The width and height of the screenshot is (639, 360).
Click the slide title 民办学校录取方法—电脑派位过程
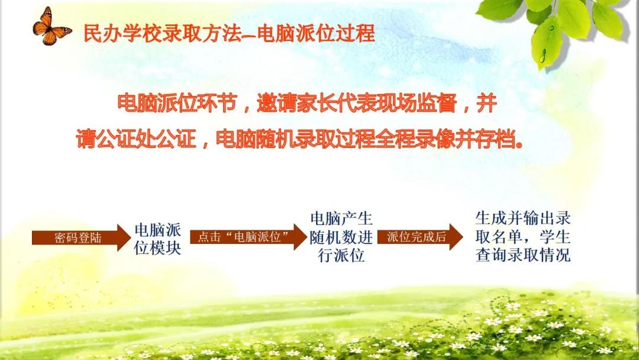click(x=229, y=33)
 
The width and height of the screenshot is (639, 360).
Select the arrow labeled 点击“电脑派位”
click(x=248, y=237)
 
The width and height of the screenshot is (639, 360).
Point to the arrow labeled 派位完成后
click(x=420, y=237)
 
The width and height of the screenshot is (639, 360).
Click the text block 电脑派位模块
click(x=158, y=239)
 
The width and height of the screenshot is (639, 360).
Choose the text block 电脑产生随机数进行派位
click(x=341, y=237)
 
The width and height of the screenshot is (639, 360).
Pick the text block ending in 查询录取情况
click(x=522, y=237)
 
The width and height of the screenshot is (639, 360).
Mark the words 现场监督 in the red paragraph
click(x=415, y=103)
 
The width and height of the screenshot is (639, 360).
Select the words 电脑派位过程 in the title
click(x=316, y=33)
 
